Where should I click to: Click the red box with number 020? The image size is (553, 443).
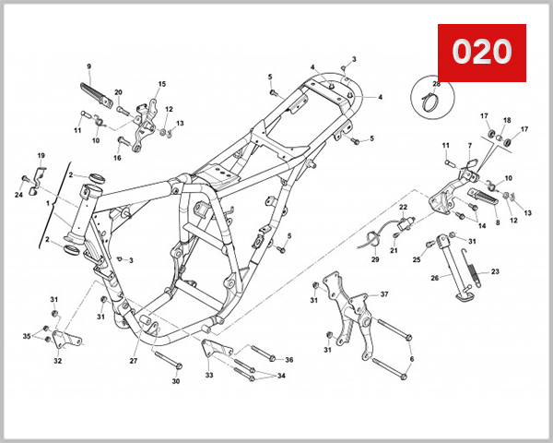click(x=481, y=53)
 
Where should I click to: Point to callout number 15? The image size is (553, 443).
click(x=161, y=84)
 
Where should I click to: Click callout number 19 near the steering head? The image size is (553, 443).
click(x=41, y=155)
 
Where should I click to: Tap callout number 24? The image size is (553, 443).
click(x=18, y=194)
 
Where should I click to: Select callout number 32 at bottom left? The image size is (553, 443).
click(x=58, y=361)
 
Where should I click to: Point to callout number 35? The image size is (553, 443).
click(x=27, y=335)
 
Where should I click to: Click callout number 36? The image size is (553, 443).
click(x=288, y=360)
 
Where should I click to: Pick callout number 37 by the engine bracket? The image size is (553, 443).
click(x=384, y=294)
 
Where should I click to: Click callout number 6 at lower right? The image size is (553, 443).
click(x=411, y=359)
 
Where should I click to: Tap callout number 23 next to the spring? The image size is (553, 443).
click(x=495, y=272)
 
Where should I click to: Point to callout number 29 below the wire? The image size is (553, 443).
click(x=375, y=260)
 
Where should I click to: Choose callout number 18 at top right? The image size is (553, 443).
click(x=506, y=121)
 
